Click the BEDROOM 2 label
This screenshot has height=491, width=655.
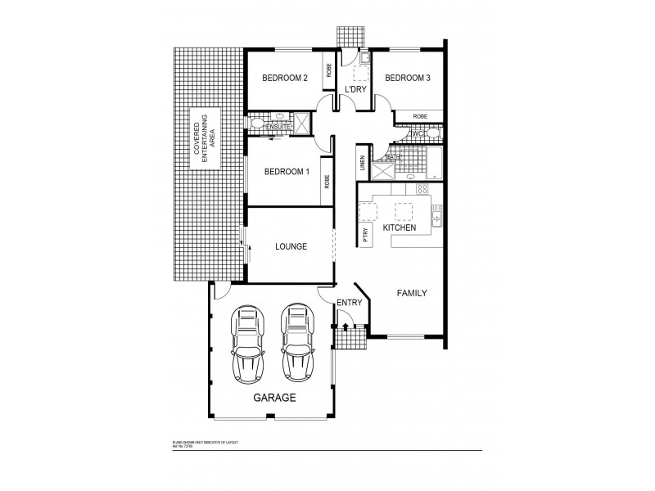pyautogui.click(x=284, y=79)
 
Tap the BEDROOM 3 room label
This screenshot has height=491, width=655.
pyautogui.click(x=407, y=79)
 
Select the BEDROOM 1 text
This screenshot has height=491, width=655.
pyautogui.click(x=286, y=172)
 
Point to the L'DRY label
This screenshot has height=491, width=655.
pyautogui.click(x=355, y=89)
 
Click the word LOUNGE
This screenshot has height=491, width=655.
pyautogui.click(x=291, y=245)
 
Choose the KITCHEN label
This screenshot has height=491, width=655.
pyautogui.click(x=400, y=227)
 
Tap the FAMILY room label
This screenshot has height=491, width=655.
pyautogui.click(x=411, y=293)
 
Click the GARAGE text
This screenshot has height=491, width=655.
pyautogui.click(x=273, y=398)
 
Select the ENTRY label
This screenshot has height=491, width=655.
pyautogui.click(x=350, y=303)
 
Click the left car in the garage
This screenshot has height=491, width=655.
pyautogui.click(x=248, y=345)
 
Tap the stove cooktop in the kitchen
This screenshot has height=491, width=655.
pyautogui.click(x=422, y=190)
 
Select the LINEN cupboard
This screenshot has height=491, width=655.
pyautogui.click(x=362, y=164)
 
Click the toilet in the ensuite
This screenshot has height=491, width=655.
pyautogui.click(x=256, y=124)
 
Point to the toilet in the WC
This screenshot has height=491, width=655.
pyautogui.click(x=432, y=133)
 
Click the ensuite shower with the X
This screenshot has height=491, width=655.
pyautogui.click(x=300, y=124)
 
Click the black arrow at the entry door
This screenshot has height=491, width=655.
pyautogui.click(x=346, y=327)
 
